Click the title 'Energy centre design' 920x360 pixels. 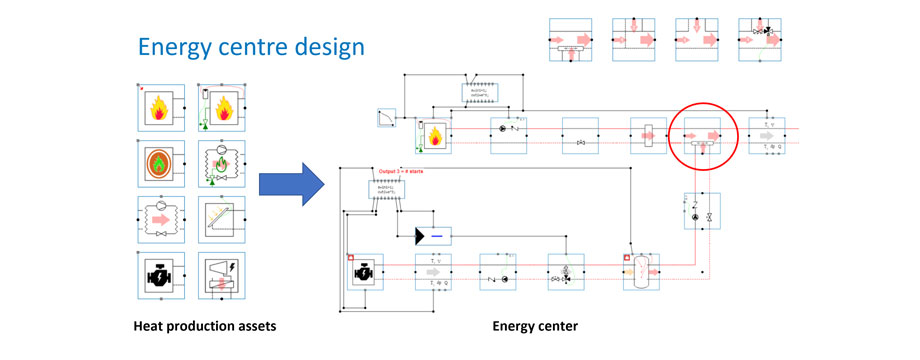point(251,47)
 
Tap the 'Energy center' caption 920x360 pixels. point(534,327)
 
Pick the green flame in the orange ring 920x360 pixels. point(158,162)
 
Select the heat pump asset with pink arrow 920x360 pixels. point(158,218)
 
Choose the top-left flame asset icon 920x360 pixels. point(158,108)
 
